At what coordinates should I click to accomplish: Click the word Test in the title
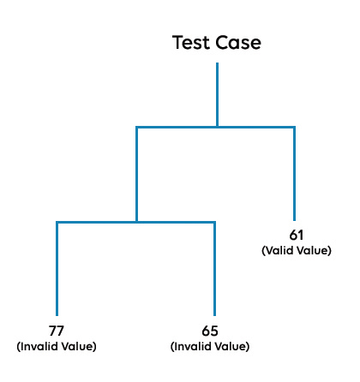pyautogui.click(x=191, y=43)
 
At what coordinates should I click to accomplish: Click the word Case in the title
pyautogui.click(x=238, y=43)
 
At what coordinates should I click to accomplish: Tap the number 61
pyautogui.click(x=297, y=235)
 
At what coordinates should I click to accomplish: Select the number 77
pyautogui.click(x=57, y=331)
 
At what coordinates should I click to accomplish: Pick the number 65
pyautogui.click(x=210, y=331)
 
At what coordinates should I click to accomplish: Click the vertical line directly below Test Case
pyautogui.click(x=218, y=94)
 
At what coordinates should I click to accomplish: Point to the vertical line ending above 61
pyautogui.click(x=294, y=174)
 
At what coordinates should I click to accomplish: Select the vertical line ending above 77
pyautogui.click(x=57, y=269)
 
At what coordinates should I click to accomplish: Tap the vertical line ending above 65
pyautogui.click(x=214, y=269)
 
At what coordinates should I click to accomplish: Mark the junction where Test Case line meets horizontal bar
pyautogui.click(x=218, y=127)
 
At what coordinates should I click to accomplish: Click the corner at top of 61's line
pyautogui.click(x=294, y=127)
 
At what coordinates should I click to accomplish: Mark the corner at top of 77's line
pyautogui.click(x=57, y=222)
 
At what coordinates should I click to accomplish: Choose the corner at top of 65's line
pyautogui.click(x=214, y=222)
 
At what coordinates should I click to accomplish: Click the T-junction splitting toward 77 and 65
pyautogui.click(x=137, y=222)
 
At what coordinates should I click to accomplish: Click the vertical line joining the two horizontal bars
pyautogui.click(x=137, y=175)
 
